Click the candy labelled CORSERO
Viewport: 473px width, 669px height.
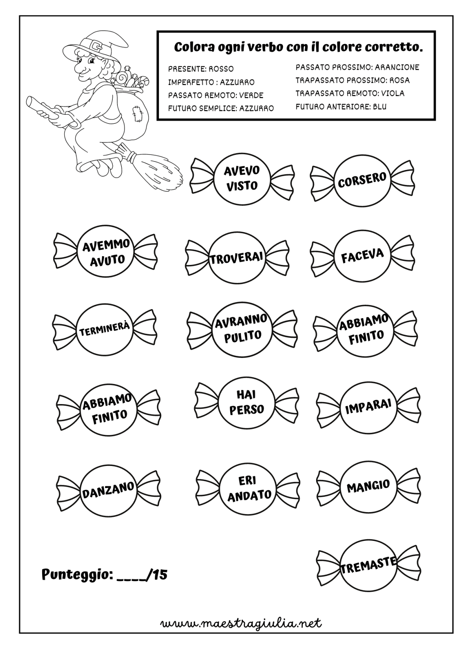click(x=362, y=180)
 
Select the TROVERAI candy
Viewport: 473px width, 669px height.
click(x=237, y=258)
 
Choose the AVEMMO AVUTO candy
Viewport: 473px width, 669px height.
click(x=105, y=251)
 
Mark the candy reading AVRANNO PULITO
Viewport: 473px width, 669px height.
click(x=242, y=328)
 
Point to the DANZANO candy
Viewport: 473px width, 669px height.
click(x=108, y=491)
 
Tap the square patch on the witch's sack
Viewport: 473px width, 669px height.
click(x=137, y=114)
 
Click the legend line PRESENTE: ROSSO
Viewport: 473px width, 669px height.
click(x=201, y=69)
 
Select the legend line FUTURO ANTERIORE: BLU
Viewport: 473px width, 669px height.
click(x=341, y=106)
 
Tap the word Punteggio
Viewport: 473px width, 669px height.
click(x=77, y=575)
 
